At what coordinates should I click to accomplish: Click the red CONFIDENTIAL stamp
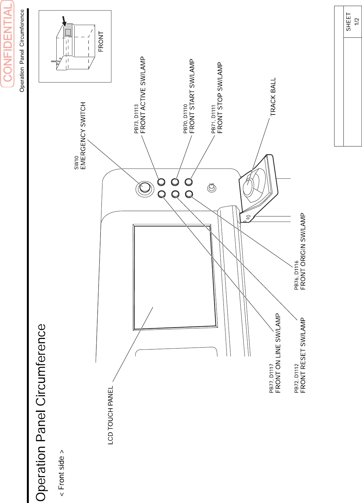pos(8,43)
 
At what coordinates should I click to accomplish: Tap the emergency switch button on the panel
pos(145,187)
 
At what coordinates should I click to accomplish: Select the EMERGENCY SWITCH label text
pos(83,136)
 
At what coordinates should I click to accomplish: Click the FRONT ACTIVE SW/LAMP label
pos(143,95)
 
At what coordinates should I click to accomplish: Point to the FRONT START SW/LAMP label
pos(192,96)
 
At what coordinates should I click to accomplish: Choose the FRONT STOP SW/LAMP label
pos(220,98)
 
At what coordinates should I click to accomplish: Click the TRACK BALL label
pos(273,97)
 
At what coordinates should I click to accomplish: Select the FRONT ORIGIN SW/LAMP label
pos(303,251)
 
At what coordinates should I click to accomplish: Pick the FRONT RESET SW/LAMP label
pos(303,355)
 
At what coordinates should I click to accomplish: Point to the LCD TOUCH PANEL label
pos(110,415)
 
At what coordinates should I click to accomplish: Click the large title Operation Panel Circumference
pos(41,413)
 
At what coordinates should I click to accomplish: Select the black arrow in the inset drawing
pos(64,21)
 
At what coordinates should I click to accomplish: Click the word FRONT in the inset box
pos(101,42)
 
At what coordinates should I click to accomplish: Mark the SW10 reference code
pos(76,163)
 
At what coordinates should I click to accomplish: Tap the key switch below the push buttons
pos(212,188)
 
